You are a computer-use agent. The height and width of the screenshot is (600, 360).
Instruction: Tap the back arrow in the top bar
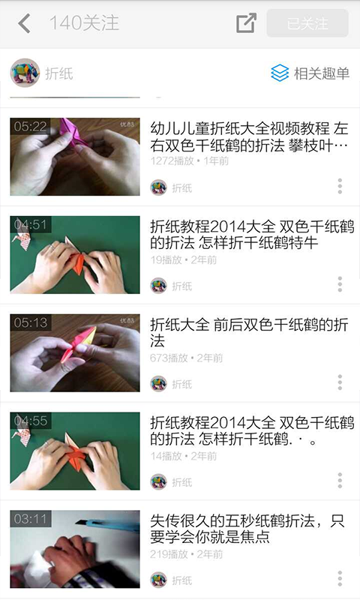(24, 23)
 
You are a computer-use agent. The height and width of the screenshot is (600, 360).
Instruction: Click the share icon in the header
(246, 23)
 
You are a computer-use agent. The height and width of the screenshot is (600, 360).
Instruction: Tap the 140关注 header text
(84, 23)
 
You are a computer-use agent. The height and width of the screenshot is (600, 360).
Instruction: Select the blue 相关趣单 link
(310, 73)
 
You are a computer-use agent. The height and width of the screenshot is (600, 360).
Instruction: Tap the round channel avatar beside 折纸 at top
(25, 73)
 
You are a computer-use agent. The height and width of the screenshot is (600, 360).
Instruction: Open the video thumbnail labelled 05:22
(75, 157)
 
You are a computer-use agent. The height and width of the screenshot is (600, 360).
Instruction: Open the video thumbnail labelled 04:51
(75, 255)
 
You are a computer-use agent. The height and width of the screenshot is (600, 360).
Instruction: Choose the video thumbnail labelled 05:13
(75, 353)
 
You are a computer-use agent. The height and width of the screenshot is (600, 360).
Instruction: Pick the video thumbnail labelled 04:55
(75, 451)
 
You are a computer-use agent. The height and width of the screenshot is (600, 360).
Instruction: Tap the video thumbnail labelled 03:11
(75, 549)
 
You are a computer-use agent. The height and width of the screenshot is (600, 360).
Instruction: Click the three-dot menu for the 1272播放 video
(340, 186)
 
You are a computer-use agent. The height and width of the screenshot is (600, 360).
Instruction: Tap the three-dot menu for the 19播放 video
(340, 284)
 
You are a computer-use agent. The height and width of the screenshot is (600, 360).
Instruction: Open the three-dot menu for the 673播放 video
(340, 382)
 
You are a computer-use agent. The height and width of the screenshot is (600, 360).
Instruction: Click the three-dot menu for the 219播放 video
(340, 579)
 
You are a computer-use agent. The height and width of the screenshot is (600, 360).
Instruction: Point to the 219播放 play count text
(169, 554)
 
